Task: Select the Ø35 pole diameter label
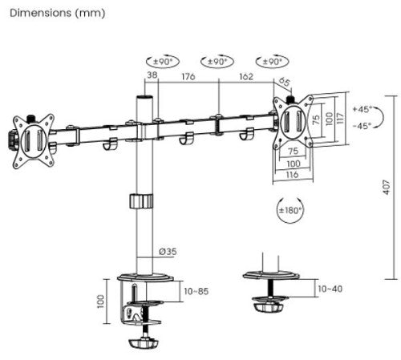tap(168, 252)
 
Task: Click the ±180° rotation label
tap(289, 211)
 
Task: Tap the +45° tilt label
tap(361, 110)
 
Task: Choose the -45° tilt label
tap(361, 126)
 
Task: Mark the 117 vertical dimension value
tap(339, 118)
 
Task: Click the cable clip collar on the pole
tap(141, 201)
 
